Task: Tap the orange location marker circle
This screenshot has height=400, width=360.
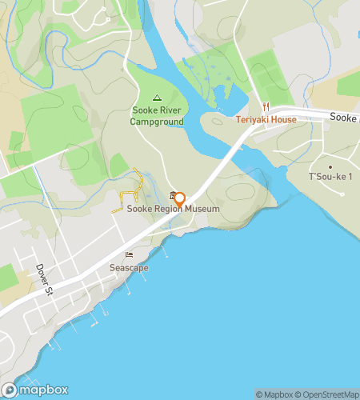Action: click(x=180, y=198)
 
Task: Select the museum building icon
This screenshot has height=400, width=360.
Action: click(x=174, y=197)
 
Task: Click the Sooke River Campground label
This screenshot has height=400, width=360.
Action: click(x=157, y=117)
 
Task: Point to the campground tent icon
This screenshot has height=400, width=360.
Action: click(x=157, y=98)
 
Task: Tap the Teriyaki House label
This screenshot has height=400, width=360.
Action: click(x=266, y=120)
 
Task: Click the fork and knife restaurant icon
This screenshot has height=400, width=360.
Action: click(x=266, y=106)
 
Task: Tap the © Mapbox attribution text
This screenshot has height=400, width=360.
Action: click(x=274, y=394)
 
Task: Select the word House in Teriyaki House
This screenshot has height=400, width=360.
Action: click(x=283, y=120)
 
